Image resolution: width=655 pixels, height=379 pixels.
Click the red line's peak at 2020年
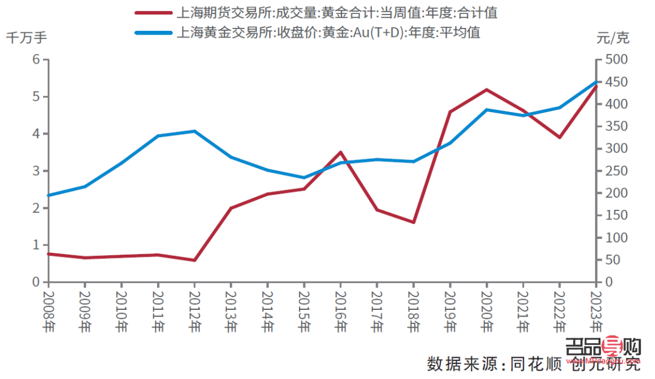[486, 90]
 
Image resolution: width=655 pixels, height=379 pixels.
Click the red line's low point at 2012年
[194, 260]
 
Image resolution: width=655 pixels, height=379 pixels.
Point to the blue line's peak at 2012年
[194, 131]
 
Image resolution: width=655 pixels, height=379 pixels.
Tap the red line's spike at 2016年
[340, 152]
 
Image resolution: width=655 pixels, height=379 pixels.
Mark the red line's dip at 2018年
[413, 223]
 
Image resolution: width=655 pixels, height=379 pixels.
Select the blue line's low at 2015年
[304, 178]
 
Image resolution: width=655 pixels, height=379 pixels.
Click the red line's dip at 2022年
[559, 138]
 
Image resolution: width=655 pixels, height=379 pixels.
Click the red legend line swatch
[152, 13]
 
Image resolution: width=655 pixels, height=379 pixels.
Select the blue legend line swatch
[152, 32]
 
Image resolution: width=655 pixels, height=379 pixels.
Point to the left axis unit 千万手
[26, 37]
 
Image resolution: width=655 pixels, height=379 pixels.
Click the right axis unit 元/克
[613, 38]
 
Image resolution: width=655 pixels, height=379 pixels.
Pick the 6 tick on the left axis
[36, 59]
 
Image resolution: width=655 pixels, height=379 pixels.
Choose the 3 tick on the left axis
[36, 171]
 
